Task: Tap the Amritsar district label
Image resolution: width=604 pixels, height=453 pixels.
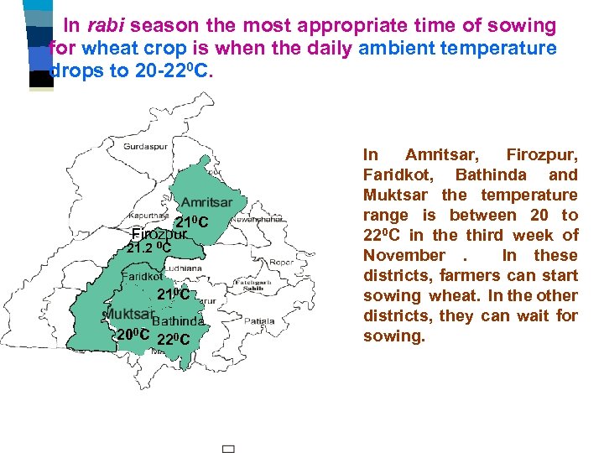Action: click(x=206, y=203)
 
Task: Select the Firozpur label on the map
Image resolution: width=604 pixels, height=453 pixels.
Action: click(x=159, y=234)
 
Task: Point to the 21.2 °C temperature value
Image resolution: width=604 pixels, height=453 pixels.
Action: click(x=148, y=248)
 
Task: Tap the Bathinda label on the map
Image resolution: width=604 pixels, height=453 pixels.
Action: click(x=178, y=320)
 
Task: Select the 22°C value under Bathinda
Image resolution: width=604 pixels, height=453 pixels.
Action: click(x=174, y=338)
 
